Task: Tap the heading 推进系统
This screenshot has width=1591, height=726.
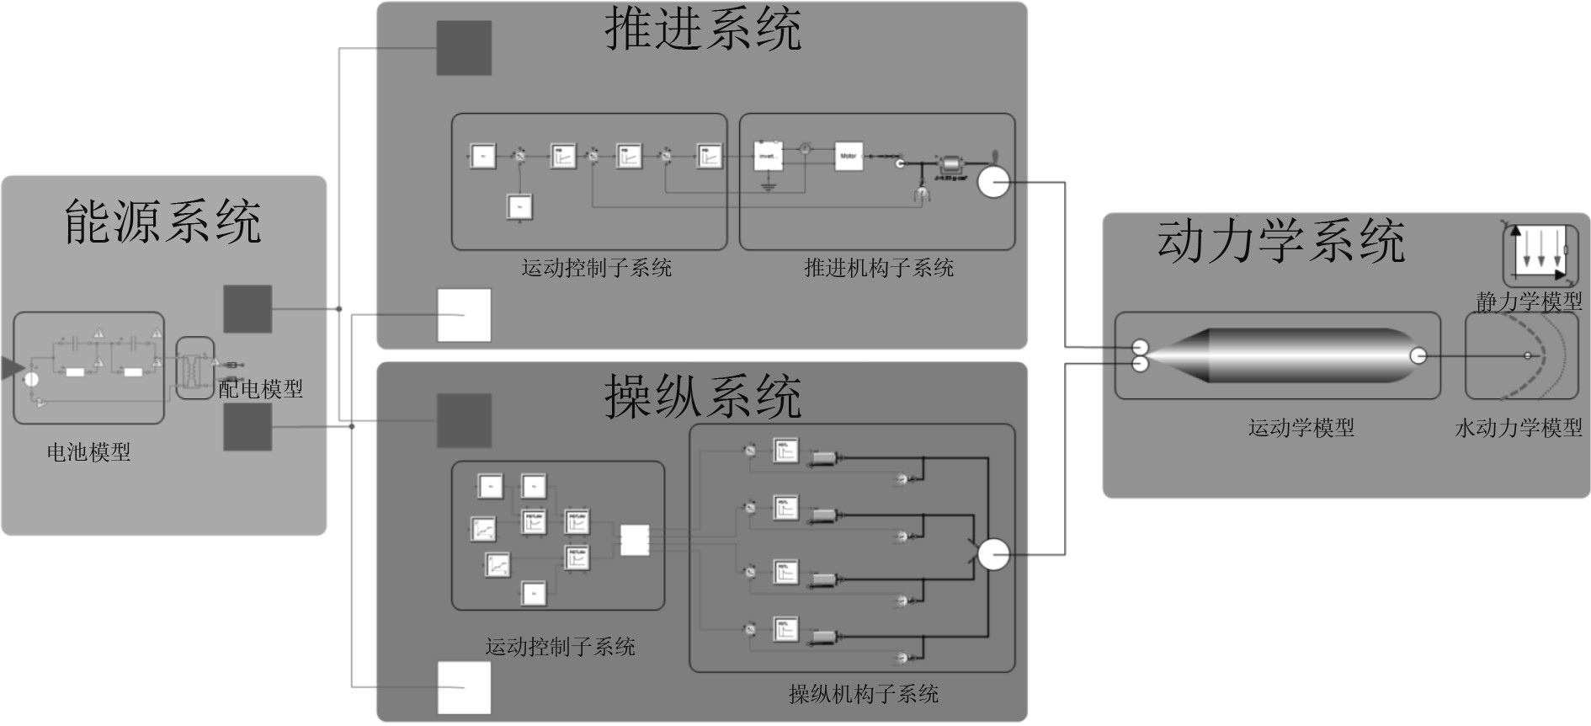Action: pyautogui.click(x=703, y=29)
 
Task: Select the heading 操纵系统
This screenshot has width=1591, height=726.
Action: pyautogui.click(x=703, y=396)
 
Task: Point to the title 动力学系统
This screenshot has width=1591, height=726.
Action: pyautogui.click(x=1280, y=242)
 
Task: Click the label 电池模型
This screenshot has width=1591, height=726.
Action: pyautogui.click(x=88, y=452)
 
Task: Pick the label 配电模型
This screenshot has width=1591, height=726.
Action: pyautogui.click(x=260, y=389)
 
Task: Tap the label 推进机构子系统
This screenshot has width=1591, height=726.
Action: pyautogui.click(x=878, y=268)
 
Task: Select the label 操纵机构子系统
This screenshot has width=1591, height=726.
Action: pyautogui.click(x=863, y=694)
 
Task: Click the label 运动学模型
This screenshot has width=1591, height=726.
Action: pyautogui.click(x=1301, y=428)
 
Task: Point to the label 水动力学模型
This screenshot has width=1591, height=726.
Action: pyautogui.click(x=1519, y=428)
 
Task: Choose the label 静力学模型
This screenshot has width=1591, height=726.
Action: pyautogui.click(x=1529, y=301)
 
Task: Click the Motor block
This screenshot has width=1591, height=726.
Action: pyautogui.click(x=849, y=156)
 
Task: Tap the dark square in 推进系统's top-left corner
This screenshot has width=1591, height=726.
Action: pyautogui.click(x=464, y=48)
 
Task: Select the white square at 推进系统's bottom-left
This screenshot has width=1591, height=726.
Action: pyautogui.click(x=464, y=315)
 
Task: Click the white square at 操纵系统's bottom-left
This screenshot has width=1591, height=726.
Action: pyautogui.click(x=464, y=687)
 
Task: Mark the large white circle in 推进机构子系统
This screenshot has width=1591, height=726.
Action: pyautogui.click(x=993, y=182)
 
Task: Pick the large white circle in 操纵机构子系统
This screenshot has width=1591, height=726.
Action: pyautogui.click(x=993, y=554)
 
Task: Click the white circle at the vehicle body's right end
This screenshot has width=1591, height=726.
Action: pyautogui.click(x=1418, y=356)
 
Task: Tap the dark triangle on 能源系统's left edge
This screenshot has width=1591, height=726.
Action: pyautogui.click(x=10, y=368)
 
